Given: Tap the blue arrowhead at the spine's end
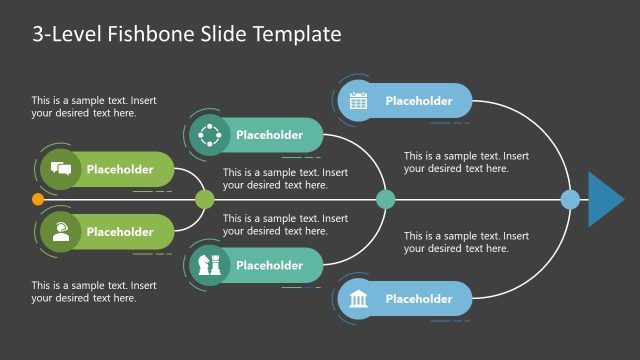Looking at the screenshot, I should coord(604,199).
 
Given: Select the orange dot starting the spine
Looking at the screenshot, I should coord(38,199).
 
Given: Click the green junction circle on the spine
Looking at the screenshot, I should coord(205,199).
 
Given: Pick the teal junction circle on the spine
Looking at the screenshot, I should coord(385,199).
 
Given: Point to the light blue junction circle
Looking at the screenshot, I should coord(570,199).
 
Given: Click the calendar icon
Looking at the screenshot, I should coord(359,100).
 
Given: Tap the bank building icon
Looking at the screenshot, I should coord(359,299).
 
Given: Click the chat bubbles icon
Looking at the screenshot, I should coord(60,169).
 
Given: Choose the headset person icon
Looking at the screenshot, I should coord(60,232).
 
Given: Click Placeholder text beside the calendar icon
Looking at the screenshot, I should coord(419,100).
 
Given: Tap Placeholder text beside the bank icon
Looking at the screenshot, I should coord(419,299).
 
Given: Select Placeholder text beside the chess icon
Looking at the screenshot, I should coord(269,265).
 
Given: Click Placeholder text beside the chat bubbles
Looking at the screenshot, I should coord(120,169).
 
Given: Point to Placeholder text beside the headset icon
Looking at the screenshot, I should coord(120,232).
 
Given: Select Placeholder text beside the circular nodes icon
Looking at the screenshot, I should coord(269,134).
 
